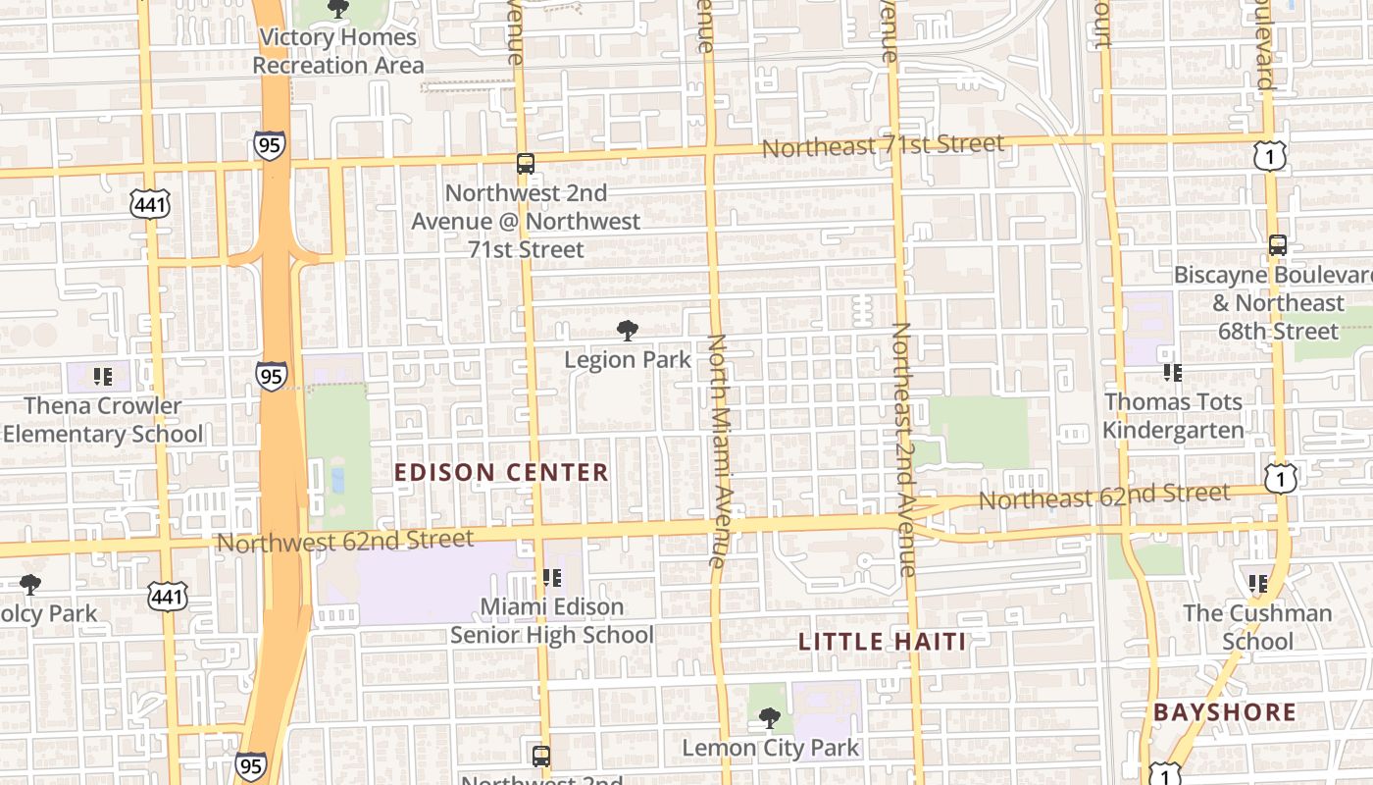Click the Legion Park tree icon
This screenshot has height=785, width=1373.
click(x=627, y=331)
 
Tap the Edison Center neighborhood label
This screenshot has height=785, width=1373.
click(x=501, y=473)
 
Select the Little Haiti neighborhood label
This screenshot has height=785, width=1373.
click(x=882, y=643)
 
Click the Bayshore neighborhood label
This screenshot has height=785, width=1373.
click(x=1224, y=712)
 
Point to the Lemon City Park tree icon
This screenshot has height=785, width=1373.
click(x=770, y=719)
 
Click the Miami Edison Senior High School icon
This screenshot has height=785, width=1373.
click(x=551, y=579)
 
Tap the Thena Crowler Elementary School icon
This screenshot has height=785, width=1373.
click(x=102, y=376)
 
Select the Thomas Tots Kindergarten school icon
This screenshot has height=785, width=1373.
click(x=1172, y=373)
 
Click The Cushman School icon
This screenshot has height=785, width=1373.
click(x=1258, y=584)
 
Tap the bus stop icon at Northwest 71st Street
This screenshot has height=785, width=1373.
click(x=526, y=163)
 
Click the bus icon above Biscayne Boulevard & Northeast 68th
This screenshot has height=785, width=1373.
click(x=1277, y=245)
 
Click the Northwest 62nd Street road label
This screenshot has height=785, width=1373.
click(x=344, y=541)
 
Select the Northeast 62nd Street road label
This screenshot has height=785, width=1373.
click(x=1103, y=497)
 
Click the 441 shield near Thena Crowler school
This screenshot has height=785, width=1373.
click(x=149, y=204)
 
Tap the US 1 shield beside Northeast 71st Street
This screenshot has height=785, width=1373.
click(x=1269, y=155)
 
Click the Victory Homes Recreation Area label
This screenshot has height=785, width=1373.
click(x=338, y=52)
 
